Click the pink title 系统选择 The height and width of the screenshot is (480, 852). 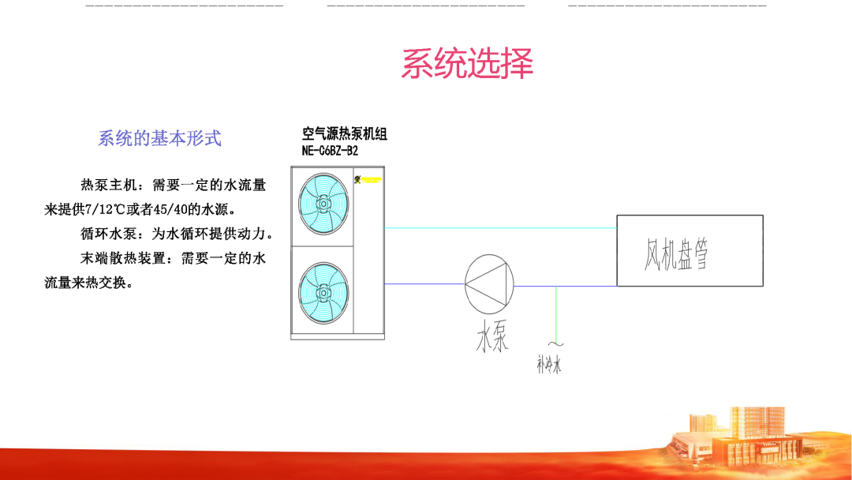coord(467,64)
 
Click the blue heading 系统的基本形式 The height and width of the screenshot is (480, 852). coord(159,138)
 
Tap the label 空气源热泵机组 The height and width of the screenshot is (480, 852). coord(345,134)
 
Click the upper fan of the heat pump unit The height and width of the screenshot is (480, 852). coord(323,204)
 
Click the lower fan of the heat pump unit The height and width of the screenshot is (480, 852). coord(323,291)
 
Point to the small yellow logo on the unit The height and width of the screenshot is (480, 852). coord(357,178)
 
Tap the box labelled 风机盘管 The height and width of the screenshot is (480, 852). coord(689,250)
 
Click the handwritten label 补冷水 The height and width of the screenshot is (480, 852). coord(549,366)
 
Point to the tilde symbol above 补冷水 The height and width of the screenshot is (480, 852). coord(556,343)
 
